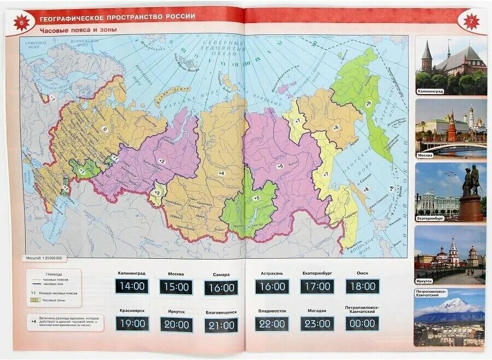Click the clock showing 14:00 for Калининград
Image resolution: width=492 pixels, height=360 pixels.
(132, 286)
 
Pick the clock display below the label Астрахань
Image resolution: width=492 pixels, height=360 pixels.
(272, 287)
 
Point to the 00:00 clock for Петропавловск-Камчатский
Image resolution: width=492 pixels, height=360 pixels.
(362, 323)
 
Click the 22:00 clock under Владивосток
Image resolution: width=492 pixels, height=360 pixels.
(272, 323)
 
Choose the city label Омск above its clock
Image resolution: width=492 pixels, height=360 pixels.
(362, 273)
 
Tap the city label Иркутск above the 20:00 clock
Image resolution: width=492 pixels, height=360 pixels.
(176, 311)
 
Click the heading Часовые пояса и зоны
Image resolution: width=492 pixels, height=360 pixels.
(78, 30)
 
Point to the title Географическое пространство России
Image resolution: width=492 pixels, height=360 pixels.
(118, 16)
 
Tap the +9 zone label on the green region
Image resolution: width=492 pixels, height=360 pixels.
(368, 103)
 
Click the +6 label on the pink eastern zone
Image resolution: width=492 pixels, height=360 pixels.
(280, 166)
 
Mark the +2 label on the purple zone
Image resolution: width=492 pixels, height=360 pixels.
(161, 161)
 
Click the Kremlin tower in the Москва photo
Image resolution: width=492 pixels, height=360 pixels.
(452, 129)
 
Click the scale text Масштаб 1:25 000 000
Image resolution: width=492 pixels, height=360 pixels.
(44, 258)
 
